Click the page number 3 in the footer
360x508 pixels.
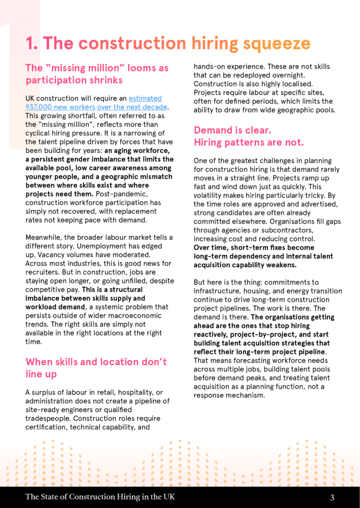332,497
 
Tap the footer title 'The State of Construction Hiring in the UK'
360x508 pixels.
100,497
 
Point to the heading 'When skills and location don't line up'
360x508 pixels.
96,368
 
